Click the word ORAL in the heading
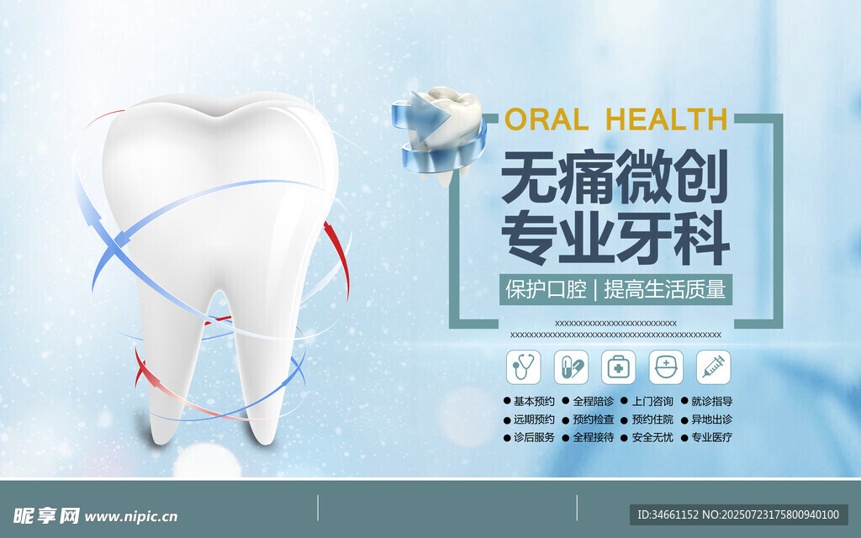pyautogui.click(x=547, y=119)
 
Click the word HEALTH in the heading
pyautogui.click(x=667, y=119)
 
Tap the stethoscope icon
pyautogui.click(x=523, y=367)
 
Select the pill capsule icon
pyautogui.click(x=571, y=367)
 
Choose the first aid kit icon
pyautogui.click(x=618, y=367)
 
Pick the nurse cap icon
pyautogui.click(x=666, y=367)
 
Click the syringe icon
pyautogui.click(x=713, y=367)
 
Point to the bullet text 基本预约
pyautogui.click(x=534, y=401)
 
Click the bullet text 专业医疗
pyautogui.click(x=711, y=437)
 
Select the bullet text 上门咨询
pyautogui.click(x=652, y=401)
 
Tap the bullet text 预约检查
pyautogui.click(x=593, y=419)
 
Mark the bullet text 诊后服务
pyautogui.click(x=534, y=437)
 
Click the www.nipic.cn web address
pyautogui.click(x=131, y=517)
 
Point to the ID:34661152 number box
pyautogui.click(x=738, y=514)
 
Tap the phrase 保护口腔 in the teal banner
pyautogui.click(x=546, y=289)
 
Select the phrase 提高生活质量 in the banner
pyautogui.click(x=664, y=289)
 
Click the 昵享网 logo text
pyautogui.click(x=46, y=515)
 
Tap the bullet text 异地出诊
pyautogui.click(x=711, y=419)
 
